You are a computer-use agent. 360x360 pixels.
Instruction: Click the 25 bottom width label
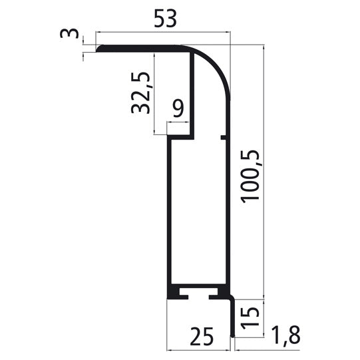[200, 337]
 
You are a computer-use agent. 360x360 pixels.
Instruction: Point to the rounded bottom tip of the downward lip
[233, 333]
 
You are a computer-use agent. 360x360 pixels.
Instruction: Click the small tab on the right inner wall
[224, 138]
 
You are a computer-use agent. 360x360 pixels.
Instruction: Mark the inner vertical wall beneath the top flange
[194, 93]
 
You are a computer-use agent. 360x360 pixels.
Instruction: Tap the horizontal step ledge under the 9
[180, 138]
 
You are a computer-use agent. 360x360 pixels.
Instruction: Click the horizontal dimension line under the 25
[199, 349]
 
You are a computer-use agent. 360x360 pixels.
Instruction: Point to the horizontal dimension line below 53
[163, 31]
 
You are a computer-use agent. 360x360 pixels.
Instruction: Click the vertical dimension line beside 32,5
[154, 93]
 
